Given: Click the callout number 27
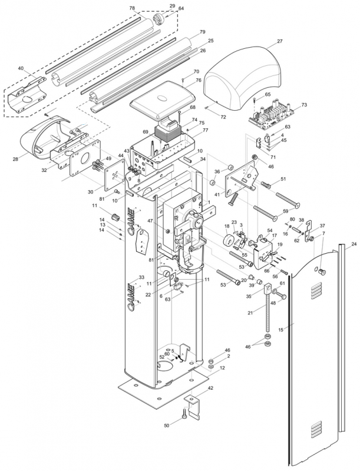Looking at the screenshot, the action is (x=280, y=41).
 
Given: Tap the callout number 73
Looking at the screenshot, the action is (x=304, y=105).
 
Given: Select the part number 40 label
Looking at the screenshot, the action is (x=21, y=68).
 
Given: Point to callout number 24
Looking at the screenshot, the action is (x=354, y=244).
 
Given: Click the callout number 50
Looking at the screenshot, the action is (x=167, y=425).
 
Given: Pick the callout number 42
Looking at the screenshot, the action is (x=210, y=388).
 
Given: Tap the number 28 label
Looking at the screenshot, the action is (x=15, y=158).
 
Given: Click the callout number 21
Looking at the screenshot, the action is (x=250, y=313).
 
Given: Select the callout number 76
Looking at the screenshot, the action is (x=198, y=80).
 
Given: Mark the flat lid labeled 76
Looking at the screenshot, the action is (x=163, y=100).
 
